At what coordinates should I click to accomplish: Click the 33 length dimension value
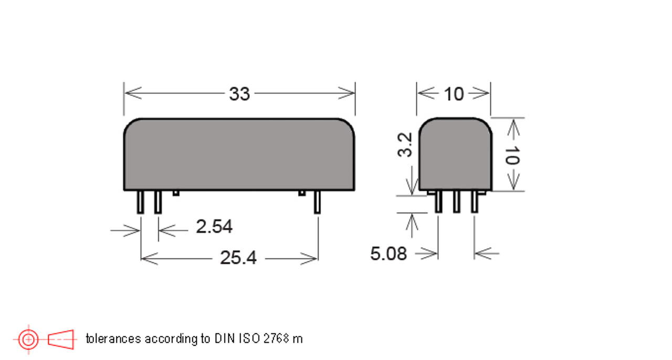pos(239,94)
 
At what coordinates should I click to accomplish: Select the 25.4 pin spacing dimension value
pos(238,258)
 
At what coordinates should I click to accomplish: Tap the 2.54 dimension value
pos(214,227)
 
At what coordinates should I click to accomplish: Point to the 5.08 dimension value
pos(388,254)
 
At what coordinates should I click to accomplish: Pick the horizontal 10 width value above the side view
pos(454,94)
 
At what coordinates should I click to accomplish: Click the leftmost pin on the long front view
pos(140,202)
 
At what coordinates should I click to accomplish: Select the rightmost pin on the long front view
pos(317,202)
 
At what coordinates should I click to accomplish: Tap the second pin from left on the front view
pos(157,202)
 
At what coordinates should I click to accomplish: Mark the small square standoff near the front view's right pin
pos(302,193)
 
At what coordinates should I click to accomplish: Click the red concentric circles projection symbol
pos(28,339)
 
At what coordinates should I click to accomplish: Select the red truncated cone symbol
pos(61,339)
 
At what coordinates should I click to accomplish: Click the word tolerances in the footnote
pos(113,338)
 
